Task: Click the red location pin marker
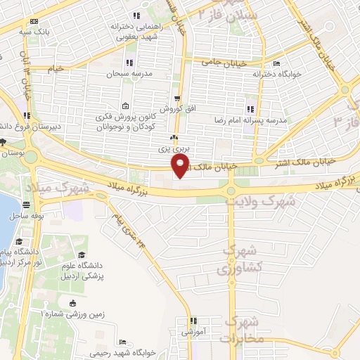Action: click(x=181, y=166)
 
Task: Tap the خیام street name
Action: click(x=55, y=68)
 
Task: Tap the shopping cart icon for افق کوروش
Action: click(x=178, y=98)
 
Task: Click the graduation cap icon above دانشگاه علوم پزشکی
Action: click(x=82, y=255)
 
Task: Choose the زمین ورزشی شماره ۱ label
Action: click(x=73, y=315)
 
